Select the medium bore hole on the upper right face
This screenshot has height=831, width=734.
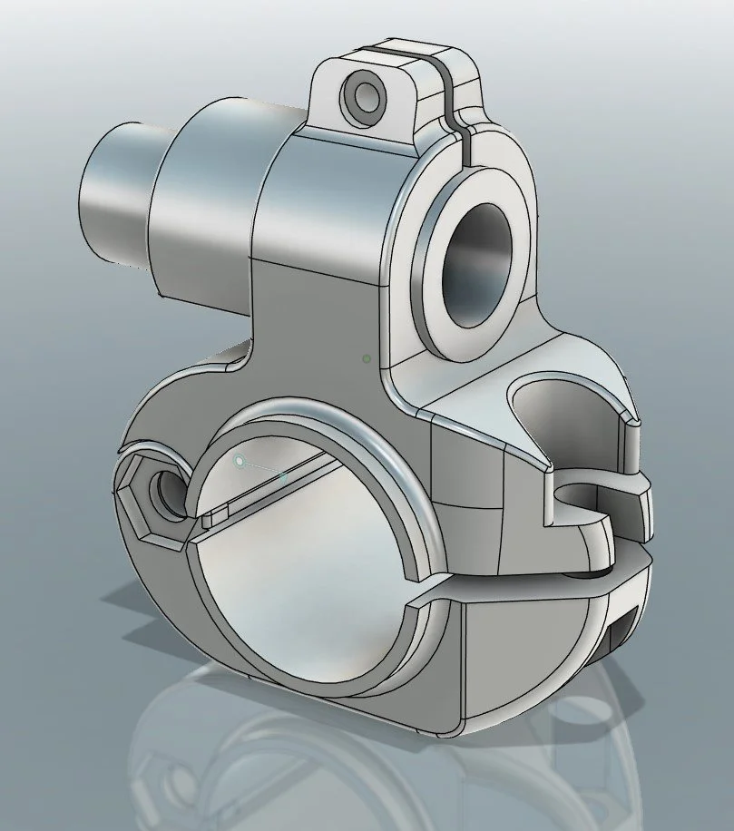tap(477, 264)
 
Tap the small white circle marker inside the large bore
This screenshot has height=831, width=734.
tap(240, 462)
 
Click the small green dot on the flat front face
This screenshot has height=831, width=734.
tap(366, 359)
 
